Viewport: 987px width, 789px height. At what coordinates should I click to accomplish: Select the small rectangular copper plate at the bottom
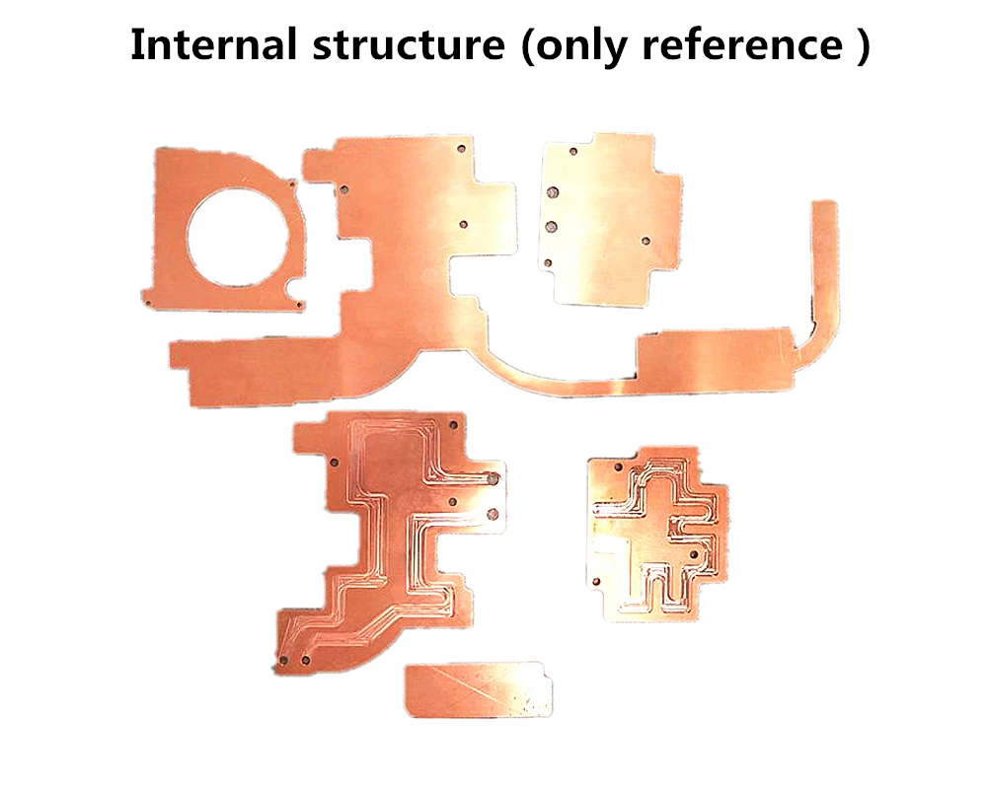click(478, 688)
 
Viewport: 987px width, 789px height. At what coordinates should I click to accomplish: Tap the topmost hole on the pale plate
click(573, 153)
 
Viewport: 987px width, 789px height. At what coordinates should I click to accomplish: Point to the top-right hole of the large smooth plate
click(463, 149)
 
